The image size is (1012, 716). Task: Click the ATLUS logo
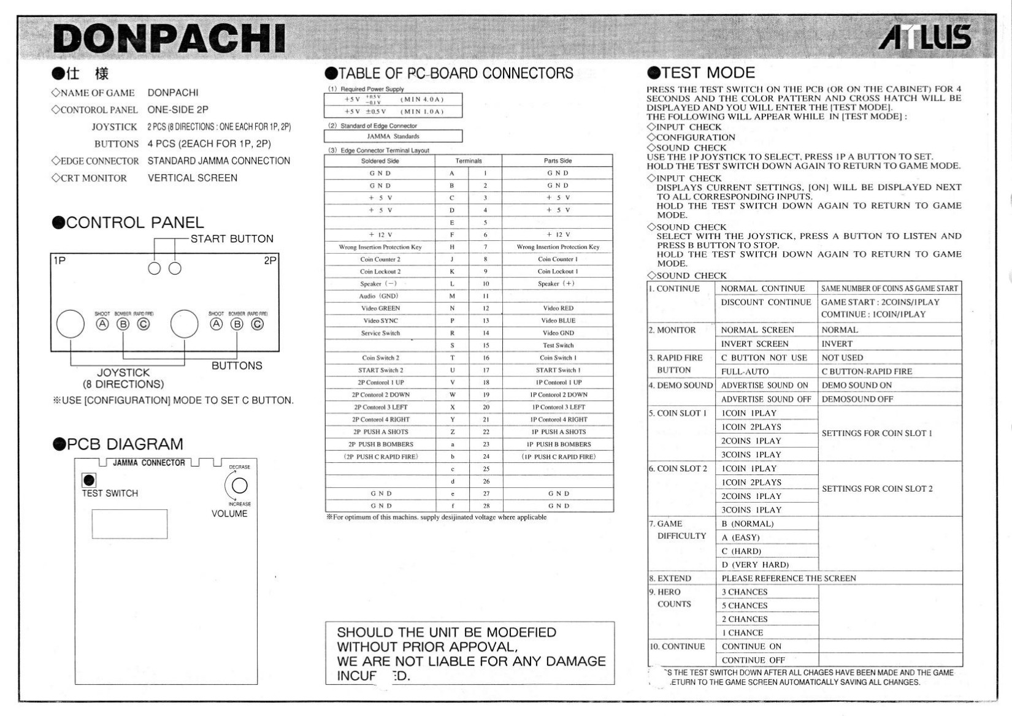[x=925, y=37]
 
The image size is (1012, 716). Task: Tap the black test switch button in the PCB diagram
[x=89, y=480]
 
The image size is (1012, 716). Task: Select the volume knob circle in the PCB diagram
[x=239, y=486]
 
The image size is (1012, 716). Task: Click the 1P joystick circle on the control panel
[x=71, y=324]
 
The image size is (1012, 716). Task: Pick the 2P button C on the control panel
[x=258, y=324]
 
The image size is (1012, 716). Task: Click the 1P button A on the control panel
[x=102, y=324]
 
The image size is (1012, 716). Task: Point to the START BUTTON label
[x=231, y=239]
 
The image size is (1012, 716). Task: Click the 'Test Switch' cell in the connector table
[x=558, y=345]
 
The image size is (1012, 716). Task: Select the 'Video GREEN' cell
[x=380, y=308]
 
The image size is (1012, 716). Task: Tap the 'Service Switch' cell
[x=380, y=333]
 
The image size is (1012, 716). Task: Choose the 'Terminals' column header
[x=469, y=161]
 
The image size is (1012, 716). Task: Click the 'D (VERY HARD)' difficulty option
[x=755, y=565]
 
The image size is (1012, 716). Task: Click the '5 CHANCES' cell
[x=745, y=606]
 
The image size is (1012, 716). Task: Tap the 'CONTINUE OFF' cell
[x=753, y=660]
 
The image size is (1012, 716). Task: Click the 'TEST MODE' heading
[x=708, y=73]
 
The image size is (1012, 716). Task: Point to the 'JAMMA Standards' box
[x=393, y=136]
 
